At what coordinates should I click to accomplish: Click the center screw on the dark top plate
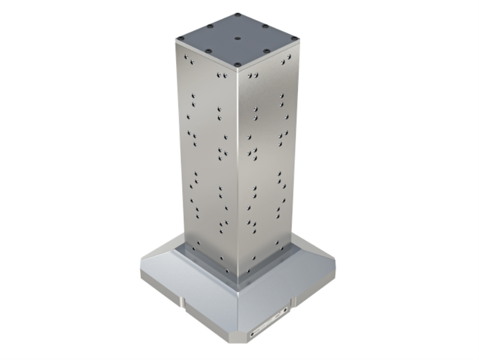click(x=238, y=39)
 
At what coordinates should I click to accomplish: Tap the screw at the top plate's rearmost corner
click(x=238, y=14)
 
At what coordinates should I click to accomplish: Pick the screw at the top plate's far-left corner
click(x=181, y=38)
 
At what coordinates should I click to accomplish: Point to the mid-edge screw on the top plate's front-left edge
click(x=208, y=51)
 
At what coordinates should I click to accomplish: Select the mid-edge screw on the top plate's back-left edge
click(x=209, y=26)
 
